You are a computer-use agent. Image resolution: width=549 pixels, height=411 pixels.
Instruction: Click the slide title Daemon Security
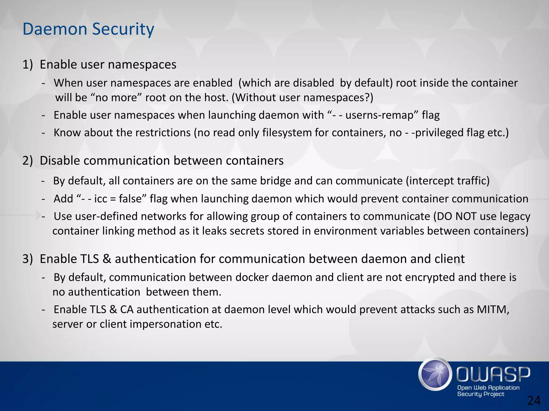88,29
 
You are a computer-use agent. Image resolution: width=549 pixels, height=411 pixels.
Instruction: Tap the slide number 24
534,401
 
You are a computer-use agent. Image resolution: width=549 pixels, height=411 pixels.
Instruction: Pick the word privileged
440,133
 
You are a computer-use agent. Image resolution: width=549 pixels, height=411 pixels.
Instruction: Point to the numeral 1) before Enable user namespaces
28,64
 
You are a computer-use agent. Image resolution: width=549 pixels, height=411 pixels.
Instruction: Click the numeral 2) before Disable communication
28,161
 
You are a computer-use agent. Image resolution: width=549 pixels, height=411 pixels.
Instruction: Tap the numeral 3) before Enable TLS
28,259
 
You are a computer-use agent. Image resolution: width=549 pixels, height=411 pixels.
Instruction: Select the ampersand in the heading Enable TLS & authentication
107,259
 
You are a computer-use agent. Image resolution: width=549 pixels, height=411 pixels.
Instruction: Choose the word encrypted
430,277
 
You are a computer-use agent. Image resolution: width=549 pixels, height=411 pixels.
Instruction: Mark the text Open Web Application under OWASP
488,388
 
